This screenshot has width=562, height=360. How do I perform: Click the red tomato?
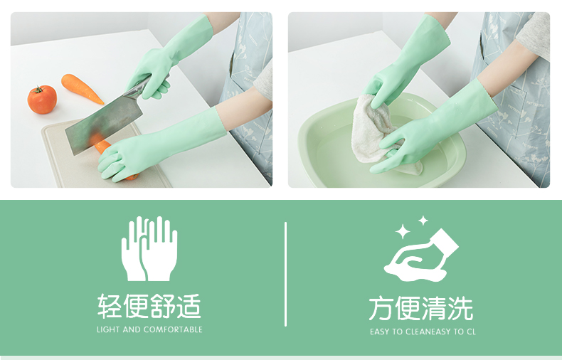[42, 100]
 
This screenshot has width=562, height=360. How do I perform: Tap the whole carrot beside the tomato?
[82, 88]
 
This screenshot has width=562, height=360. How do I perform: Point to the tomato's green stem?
[38, 89]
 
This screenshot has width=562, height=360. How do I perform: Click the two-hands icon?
[149, 248]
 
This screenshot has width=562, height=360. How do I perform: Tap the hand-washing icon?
[421, 255]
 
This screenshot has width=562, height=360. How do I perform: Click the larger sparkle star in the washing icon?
[403, 231]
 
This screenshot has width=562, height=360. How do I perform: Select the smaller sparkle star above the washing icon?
[423, 221]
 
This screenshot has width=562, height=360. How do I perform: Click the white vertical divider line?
[286, 275]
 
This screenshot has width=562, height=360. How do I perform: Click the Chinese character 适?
[189, 306]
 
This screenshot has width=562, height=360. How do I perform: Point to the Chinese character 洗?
[460, 308]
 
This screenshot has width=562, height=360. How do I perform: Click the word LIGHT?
[108, 329]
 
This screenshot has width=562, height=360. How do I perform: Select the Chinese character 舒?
[162, 306]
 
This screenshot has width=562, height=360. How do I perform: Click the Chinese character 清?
[434, 308]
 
